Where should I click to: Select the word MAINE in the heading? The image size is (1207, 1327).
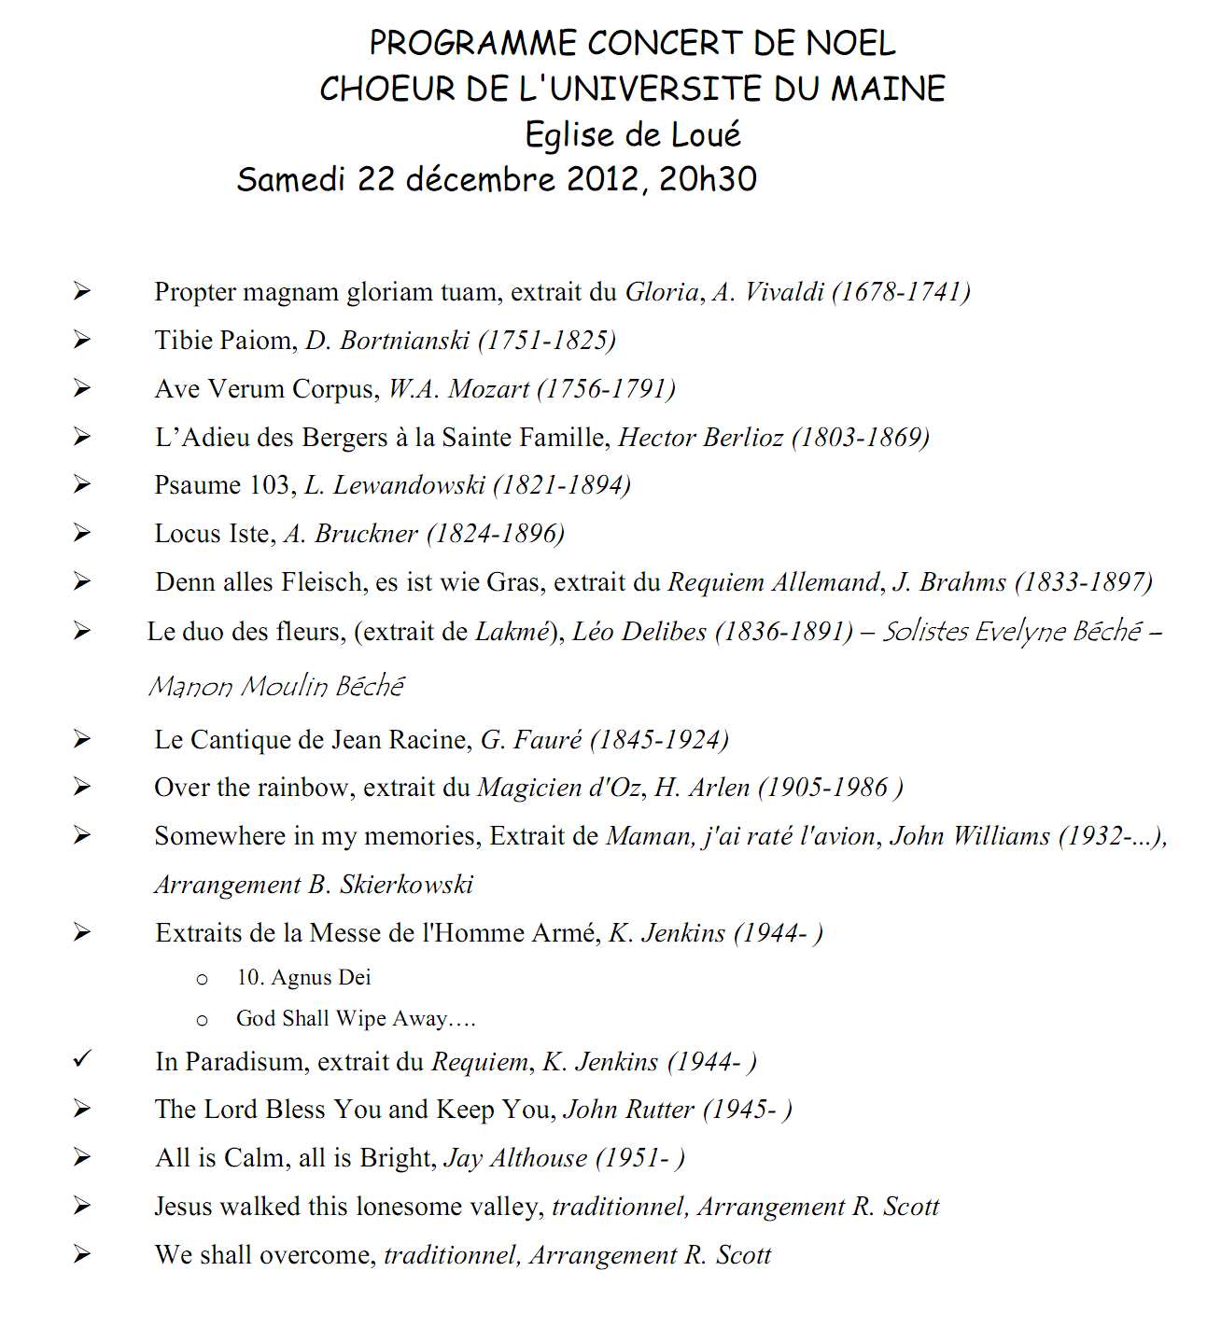pos(888,89)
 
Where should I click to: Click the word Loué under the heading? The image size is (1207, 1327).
pos(703,134)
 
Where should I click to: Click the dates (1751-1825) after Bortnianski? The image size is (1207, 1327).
pos(546,341)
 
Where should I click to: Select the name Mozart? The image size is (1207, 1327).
pos(488,389)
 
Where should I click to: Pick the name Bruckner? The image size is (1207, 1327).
pos(366,534)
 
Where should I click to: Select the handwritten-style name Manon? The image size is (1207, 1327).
pos(190,687)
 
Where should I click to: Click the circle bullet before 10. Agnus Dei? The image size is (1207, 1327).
pos(202,979)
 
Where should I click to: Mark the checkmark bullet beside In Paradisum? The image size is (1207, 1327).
pos(83,1060)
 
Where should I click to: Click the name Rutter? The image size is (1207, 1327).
pos(660,1110)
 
